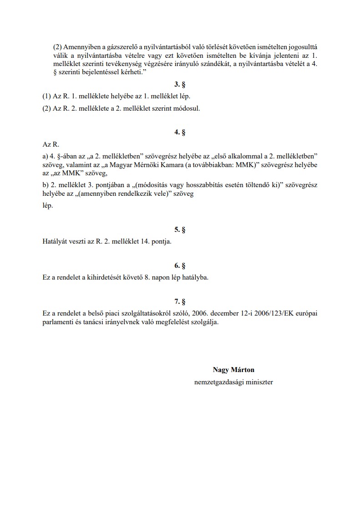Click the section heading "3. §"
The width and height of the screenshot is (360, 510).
[180, 85]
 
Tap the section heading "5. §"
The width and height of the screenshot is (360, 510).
[180, 230]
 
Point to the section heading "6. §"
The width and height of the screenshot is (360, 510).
[180, 265]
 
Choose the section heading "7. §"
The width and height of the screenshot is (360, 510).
[180, 301]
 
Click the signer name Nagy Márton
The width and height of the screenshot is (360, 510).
[233, 370]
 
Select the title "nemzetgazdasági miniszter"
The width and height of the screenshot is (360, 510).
[233, 382]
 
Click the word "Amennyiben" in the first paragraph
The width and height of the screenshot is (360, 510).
[79, 47]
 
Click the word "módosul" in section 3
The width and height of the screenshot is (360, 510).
[187, 108]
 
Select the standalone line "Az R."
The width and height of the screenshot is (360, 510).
[51, 144]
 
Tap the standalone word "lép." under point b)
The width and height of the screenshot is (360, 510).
[47, 206]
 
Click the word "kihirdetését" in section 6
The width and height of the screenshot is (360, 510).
[116, 277]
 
